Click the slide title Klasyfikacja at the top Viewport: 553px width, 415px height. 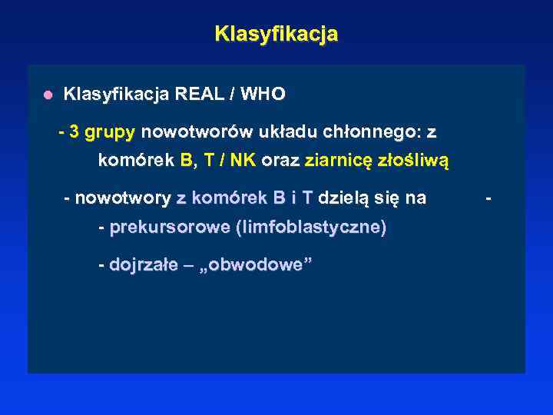click(276, 35)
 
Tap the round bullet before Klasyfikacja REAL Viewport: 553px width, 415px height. click(48, 95)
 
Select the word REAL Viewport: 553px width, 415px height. click(201, 95)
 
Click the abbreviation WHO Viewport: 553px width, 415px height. click(263, 95)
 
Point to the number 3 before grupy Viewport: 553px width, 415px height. click(74, 131)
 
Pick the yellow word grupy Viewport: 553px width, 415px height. click(110, 132)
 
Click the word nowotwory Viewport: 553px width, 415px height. click(123, 198)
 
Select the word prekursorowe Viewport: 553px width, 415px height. click(170, 227)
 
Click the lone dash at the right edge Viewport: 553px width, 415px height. click(490, 198)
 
